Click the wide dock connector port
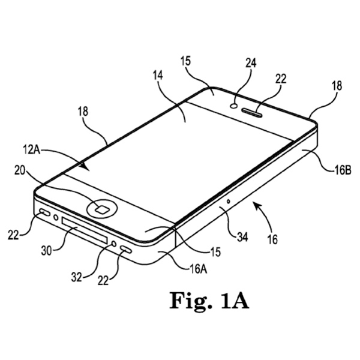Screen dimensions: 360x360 pyautogui.click(x=84, y=230)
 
